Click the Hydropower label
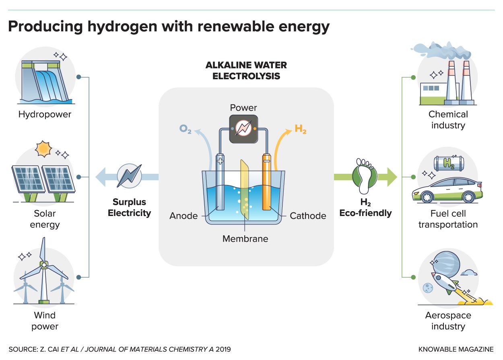coord(45,115)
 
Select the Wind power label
coord(45,320)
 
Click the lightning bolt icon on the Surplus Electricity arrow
coord(129,177)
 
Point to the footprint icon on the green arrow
coord(364,176)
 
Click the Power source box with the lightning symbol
coord(243,129)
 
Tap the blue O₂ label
coord(185,130)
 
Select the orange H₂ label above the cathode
coord(301,129)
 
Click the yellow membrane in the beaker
coord(244,189)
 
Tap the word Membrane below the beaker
coord(245,239)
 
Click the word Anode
coord(183,216)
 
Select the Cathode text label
coord(308,216)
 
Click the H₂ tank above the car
coord(448,163)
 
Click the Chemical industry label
coord(448,120)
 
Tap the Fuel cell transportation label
coord(448,219)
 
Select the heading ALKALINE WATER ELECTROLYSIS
coord(246,70)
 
